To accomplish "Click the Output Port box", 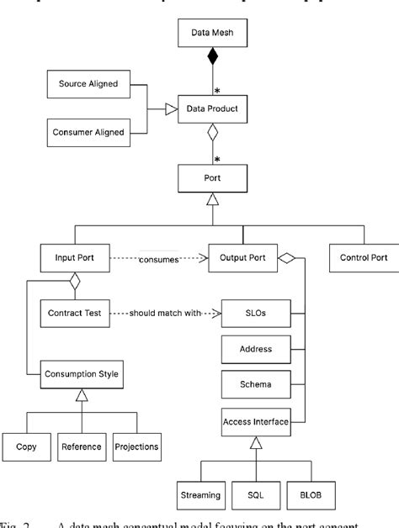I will coord(242,258).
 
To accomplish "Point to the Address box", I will coord(256,347).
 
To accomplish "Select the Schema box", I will coord(256,383).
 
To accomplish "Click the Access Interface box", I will coord(256,420).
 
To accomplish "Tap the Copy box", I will coord(26,446).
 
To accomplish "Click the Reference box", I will coord(82,446).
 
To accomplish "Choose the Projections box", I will coord(136,446).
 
